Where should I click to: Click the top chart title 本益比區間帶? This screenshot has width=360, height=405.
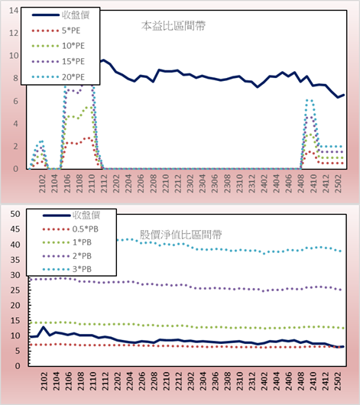tap(174, 26)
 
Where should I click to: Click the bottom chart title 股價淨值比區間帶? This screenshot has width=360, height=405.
tap(180, 235)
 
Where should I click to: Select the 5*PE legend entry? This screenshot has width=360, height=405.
tap(56, 31)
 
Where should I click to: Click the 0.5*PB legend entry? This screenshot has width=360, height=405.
tap(70, 229)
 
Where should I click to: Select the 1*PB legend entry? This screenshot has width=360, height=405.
tap(67, 242)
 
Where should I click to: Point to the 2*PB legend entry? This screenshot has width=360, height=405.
tap(67, 256)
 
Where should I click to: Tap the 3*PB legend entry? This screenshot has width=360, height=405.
tap(67, 269)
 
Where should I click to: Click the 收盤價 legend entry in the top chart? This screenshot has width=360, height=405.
tap(60, 15)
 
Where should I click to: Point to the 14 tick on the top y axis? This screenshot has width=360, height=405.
tap(14, 11)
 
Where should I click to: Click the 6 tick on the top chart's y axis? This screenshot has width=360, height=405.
tap(15, 101)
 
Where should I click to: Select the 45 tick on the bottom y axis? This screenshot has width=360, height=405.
tap(15, 229)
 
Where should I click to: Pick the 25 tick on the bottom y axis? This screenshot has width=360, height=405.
tap(15, 290)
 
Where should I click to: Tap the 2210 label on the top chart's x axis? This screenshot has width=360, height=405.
tap(165, 183)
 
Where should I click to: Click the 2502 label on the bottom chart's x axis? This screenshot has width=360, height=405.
tap(338, 381)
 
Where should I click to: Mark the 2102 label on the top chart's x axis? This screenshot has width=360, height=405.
tap(42, 183)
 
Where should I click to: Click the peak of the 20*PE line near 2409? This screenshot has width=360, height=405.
tap(309, 100)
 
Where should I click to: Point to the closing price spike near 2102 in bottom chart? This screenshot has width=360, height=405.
tap(43, 327)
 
